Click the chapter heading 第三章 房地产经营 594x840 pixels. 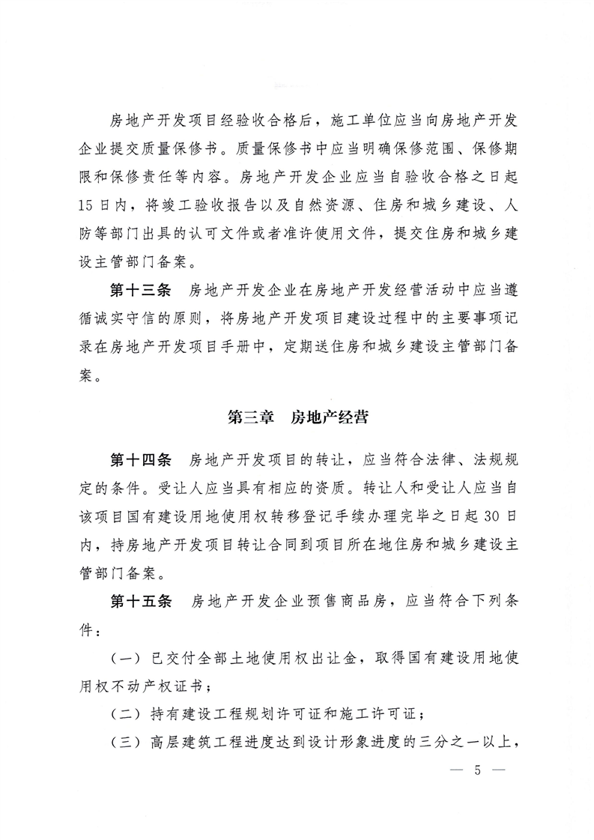(x=297, y=418)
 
